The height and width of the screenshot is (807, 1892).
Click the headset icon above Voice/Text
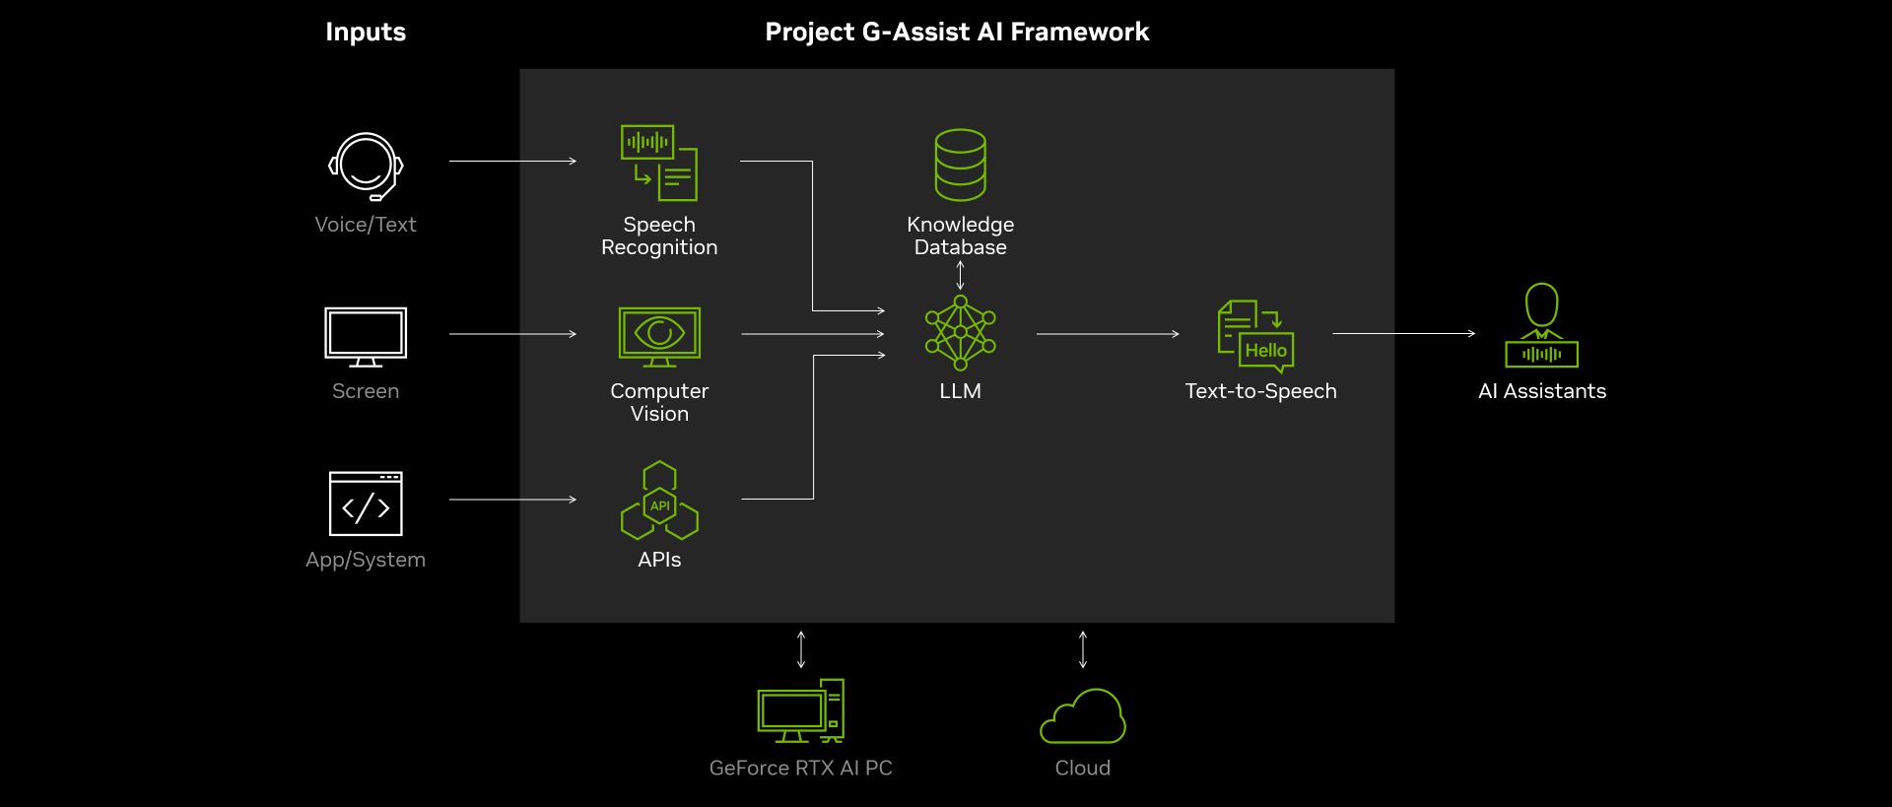point(365,166)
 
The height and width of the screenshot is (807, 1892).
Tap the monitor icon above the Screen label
point(366,336)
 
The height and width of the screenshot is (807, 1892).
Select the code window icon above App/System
point(366,504)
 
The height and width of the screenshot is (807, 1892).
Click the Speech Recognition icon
point(659,163)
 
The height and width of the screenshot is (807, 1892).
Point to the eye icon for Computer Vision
point(659,333)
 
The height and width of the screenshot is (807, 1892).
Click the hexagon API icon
point(659,502)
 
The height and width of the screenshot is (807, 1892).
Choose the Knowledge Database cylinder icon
point(960,165)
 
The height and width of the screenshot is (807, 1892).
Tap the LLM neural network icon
point(960,333)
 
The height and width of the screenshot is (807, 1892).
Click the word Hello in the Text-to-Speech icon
point(1265,351)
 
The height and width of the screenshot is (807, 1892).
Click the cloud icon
point(1083,717)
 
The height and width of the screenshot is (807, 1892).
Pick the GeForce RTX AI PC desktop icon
point(800,711)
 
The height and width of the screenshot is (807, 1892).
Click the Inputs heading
point(366,33)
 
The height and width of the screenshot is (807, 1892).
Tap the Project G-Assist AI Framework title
point(957,33)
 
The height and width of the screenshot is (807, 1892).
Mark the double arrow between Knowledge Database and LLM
point(960,275)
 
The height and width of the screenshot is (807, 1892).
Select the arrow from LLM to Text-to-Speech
point(1107,334)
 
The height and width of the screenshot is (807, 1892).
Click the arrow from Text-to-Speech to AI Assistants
point(1403,334)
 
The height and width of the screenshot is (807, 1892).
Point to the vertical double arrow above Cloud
point(1083,649)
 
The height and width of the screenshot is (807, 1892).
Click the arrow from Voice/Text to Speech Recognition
point(512,161)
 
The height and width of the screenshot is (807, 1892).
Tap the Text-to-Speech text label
point(1260,391)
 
